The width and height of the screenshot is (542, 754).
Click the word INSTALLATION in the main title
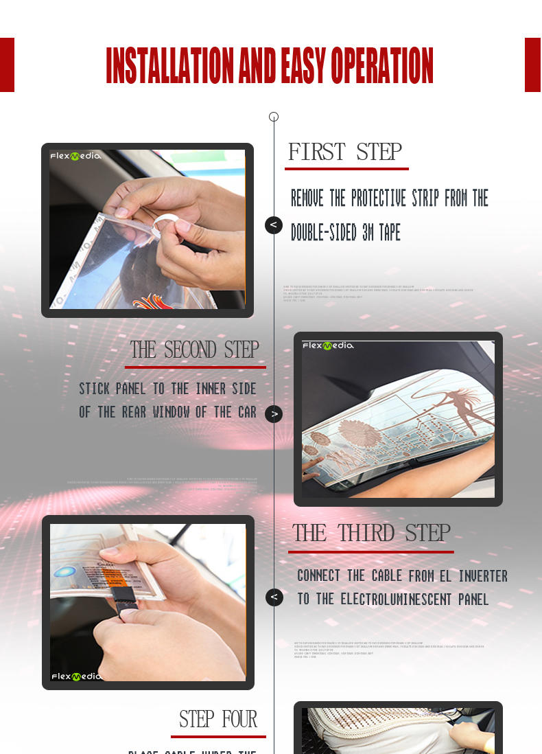click(x=171, y=67)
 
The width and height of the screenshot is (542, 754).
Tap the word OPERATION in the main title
click(x=382, y=67)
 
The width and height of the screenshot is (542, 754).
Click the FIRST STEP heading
click(x=345, y=151)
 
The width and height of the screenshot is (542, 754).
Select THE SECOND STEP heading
click(x=195, y=350)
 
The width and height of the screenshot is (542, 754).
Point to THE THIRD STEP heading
click(x=371, y=533)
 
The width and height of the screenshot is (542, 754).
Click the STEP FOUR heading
click(x=218, y=719)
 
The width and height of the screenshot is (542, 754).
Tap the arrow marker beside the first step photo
click(x=274, y=225)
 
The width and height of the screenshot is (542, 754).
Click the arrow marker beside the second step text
click(x=274, y=414)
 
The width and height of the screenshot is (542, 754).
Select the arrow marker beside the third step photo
click(x=274, y=597)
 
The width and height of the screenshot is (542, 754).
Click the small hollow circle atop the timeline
click(x=274, y=117)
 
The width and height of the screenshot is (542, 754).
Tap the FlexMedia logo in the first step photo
click(x=75, y=156)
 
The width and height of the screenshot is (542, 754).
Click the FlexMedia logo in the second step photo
click(x=328, y=345)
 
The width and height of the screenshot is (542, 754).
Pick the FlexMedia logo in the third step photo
click(x=76, y=676)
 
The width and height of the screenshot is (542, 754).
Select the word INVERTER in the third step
click(x=483, y=575)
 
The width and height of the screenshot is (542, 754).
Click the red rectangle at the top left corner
click(x=7, y=65)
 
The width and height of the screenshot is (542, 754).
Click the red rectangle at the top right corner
click(x=533, y=65)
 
